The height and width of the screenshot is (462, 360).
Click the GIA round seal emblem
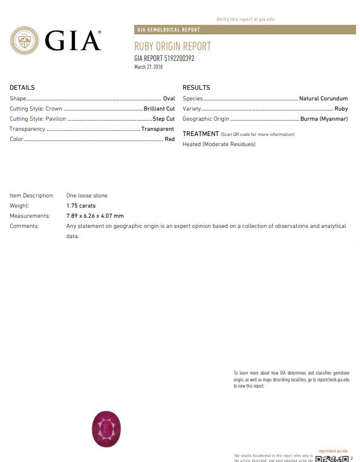point(24,40)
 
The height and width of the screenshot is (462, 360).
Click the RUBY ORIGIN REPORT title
point(173,47)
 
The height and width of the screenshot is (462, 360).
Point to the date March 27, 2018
point(148,67)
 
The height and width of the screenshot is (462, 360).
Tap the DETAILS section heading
point(22,87)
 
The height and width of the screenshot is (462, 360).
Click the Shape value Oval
point(169,99)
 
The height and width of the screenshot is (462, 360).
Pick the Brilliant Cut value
point(159,109)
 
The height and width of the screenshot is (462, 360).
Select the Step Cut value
point(164,119)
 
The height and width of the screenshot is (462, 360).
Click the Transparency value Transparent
point(157,129)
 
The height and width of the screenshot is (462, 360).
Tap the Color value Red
point(169,139)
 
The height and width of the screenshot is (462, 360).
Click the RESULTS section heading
point(196,87)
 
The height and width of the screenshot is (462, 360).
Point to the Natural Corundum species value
point(323,99)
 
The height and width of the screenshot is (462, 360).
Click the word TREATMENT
point(201,134)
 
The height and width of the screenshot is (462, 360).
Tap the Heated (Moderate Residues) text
point(219,144)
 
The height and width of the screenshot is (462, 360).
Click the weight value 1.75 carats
point(81,206)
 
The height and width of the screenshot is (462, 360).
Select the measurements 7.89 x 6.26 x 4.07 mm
point(95,216)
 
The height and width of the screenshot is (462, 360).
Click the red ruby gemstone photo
point(106,429)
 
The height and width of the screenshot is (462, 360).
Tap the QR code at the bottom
point(332,459)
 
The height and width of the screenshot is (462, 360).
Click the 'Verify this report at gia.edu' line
point(245,19)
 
